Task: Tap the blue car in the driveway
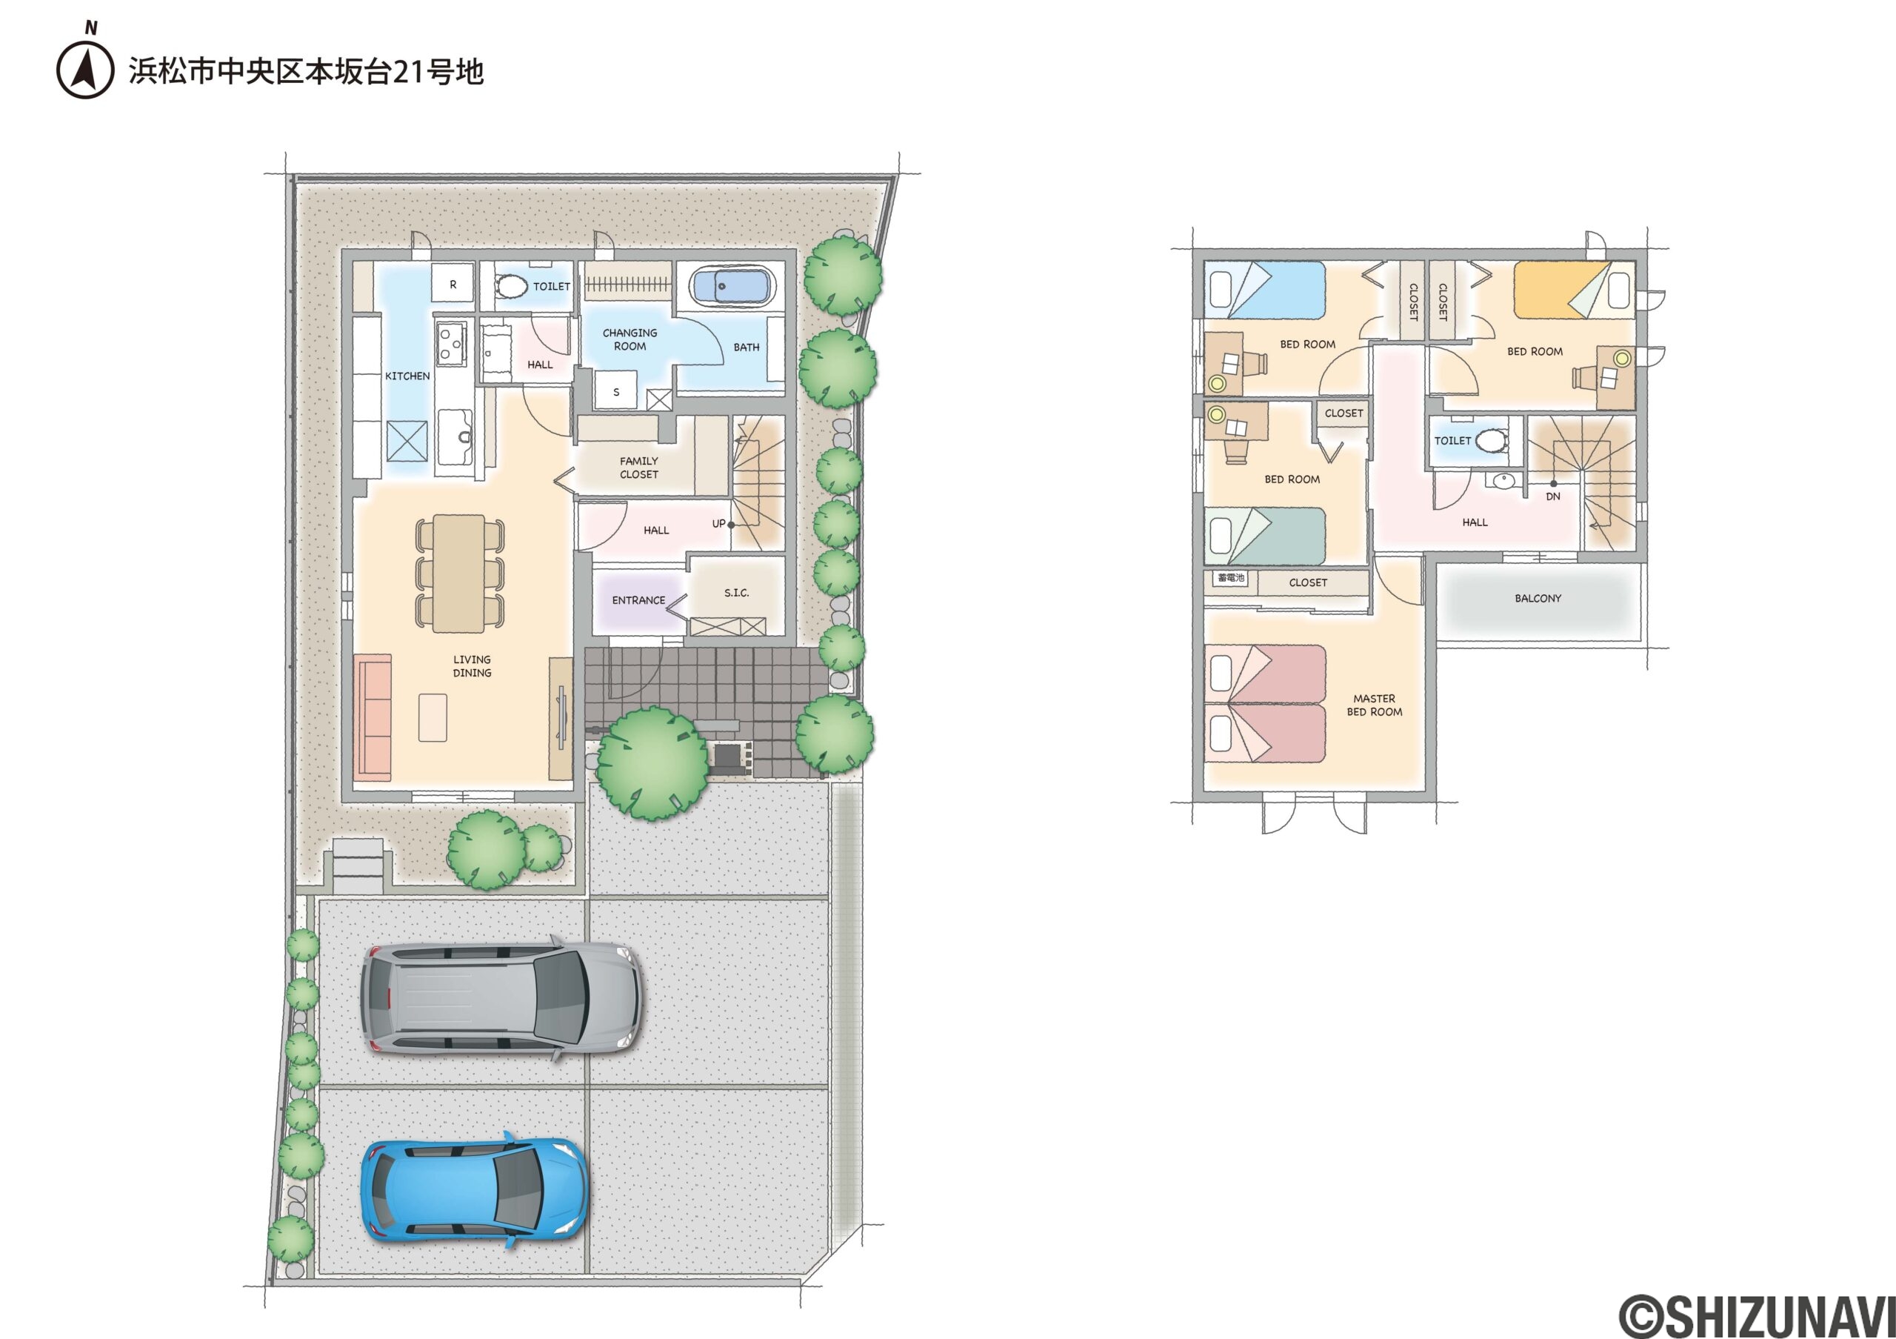(x=474, y=1191)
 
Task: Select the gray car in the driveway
(x=501, y=999)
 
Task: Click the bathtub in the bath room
(x=730, y=287)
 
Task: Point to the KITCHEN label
(x=407, y=376)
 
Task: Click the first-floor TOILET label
(x=552, y=287)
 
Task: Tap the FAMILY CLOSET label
(x=639, y=468)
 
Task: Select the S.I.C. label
(x=735, y=593)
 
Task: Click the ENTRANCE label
(x=638, y=600)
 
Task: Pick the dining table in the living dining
(x=459, y=573)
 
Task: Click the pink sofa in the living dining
(x=373, y=717)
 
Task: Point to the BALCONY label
(x=1538, y=598)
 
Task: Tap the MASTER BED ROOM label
(x=1374, y=705)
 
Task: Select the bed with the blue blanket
(x=1264, y=290)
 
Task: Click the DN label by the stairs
(x=1552, y=496)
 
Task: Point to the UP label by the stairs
(x=718, y=524)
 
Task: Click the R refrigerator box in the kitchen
(x=453, y=284)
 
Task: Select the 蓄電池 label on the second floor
(x=1230, y=578)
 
